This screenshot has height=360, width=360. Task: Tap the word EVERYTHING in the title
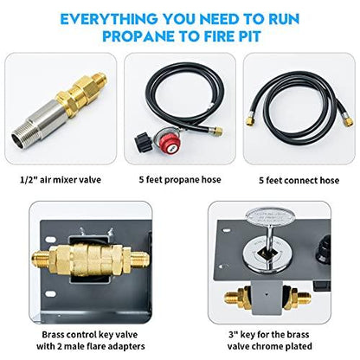109,19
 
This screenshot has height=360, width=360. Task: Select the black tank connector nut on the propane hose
143,140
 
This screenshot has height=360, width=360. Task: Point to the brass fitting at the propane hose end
217,132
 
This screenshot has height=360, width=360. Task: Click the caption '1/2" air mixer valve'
61,180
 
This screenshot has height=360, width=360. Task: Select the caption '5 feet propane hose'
180,180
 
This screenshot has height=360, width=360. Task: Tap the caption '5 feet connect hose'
299,181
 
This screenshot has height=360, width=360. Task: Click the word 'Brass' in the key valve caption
55,335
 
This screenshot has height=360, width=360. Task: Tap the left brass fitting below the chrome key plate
237,298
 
